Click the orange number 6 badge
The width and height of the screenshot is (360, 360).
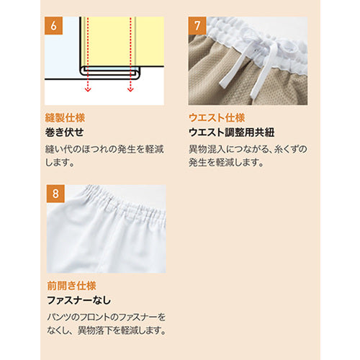(x=53, y=26)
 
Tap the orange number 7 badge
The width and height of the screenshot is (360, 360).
(x=197, y=26)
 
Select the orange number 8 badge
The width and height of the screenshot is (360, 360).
(x=55, y=194)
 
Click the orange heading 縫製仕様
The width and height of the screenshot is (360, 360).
(x=65, y=118)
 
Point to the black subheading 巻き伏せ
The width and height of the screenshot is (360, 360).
(x=65, y=132)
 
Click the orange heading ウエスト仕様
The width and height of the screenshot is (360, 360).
(x=217, y=118)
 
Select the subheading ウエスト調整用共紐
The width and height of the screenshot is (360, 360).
(x=232, y=132)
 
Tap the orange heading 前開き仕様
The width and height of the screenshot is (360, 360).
(x=71, y=286)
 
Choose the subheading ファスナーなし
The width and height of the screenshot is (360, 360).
(x=79, y=300)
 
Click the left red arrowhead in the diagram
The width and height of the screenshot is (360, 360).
(x=88, y=89)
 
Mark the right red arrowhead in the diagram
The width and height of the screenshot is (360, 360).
(x=130, y=89)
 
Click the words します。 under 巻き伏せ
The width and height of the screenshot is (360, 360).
(x=60, y=163)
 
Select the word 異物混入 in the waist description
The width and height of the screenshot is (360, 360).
(x=207, y=149)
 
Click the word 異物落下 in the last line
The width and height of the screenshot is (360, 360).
(x=95, y=331)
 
